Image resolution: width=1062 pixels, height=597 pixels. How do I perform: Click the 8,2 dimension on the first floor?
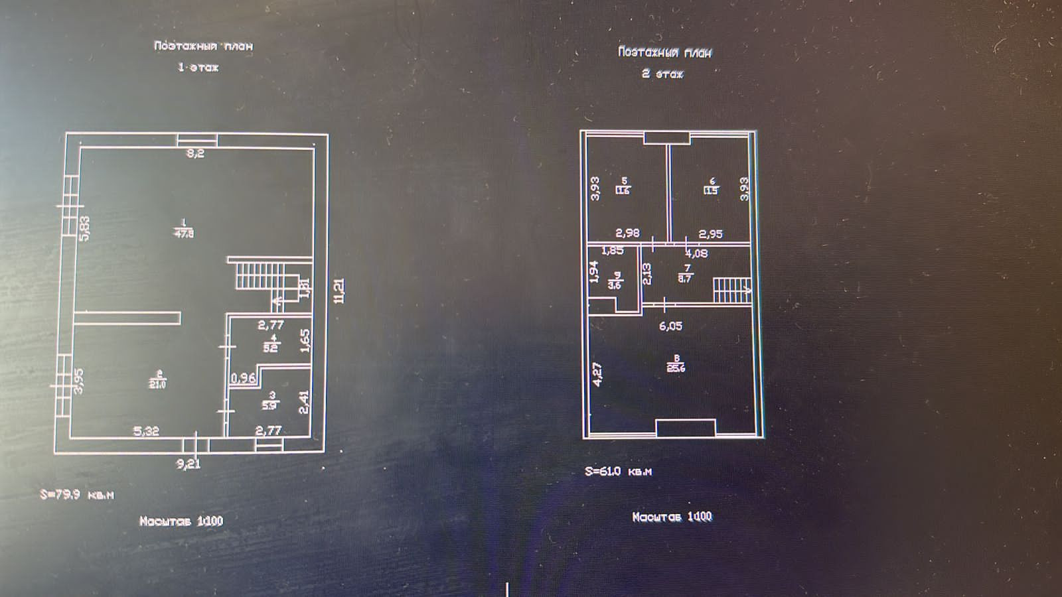[x=195, y=153]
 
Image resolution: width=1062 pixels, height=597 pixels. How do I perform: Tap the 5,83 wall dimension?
[x=84, y=228]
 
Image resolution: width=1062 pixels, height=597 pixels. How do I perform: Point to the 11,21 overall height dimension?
[x=339, y=291]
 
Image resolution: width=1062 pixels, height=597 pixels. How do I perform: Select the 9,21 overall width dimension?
[x=189, y=464]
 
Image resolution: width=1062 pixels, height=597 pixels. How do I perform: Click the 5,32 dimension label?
[x=146, y=431]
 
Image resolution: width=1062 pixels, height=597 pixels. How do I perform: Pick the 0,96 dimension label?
[x=243, y=378]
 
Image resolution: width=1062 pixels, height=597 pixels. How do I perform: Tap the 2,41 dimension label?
[x=305, y=402]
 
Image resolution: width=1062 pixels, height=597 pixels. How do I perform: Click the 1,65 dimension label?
[x=305, y=341]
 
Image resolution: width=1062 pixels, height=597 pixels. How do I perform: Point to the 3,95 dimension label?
[x=79, y=381]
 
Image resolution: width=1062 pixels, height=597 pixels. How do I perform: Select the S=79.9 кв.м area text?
[x=77, y=495]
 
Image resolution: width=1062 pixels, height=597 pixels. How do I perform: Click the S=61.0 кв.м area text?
[x=618, y=472]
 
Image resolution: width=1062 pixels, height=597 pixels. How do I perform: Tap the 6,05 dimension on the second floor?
[x=670, y=326]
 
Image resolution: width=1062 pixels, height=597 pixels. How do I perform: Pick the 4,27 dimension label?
[x=597, y=374]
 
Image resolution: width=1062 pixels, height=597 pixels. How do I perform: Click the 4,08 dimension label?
[x=696, y=253]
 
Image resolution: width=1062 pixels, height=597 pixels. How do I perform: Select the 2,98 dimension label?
[x=627, y=233]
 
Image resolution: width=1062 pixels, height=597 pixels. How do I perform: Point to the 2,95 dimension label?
[x=710, y=233]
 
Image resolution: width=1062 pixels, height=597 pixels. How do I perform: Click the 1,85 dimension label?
[x=612, y=251]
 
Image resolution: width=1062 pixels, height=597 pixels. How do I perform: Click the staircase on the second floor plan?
[x=731, y=290]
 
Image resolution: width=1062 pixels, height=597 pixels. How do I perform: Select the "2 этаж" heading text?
[x=662, y=74]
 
